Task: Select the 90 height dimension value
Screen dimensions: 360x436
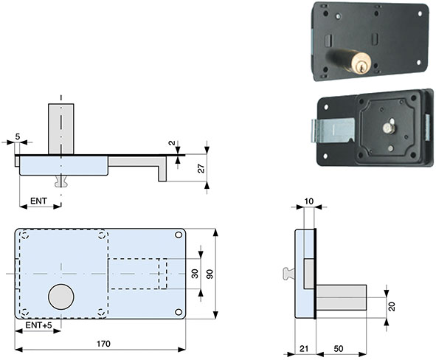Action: tap(210, 274)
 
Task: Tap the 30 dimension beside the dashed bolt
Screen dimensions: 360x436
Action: tap(195, 274)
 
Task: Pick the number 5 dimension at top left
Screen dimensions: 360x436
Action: tap(16, 136)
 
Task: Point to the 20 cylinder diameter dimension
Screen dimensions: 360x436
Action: tap(392, 306)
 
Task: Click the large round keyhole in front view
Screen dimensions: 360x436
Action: tap(62, 297)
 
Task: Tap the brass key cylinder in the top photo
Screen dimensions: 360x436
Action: tap(359, 64)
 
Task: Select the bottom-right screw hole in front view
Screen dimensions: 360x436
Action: tap(179, 311)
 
